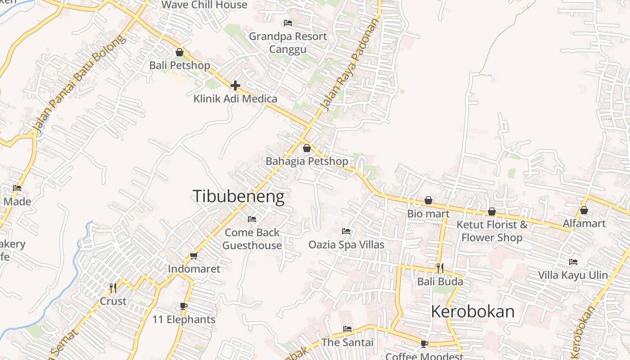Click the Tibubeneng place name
coord(238,197)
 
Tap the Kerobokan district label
coord(472,311)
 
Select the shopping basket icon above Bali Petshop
coord(180,52)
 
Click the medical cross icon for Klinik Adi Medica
coord(235,85)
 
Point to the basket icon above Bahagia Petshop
coord(307,148)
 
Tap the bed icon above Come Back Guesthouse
coord(252,219)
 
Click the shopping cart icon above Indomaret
coord(193,256)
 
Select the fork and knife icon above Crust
coord(113,287)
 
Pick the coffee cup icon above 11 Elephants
coord(183,306)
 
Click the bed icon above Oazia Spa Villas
coord(346,231)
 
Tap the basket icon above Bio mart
coord(428,200)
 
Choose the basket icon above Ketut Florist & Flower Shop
coord(492,211)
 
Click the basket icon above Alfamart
coord(584,210)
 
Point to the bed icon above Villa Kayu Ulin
coord(573,261)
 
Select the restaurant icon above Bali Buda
coord(440,268)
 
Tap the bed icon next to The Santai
coord(347,329)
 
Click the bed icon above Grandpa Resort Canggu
coord(288,23)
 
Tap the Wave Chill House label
coord(204,5)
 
